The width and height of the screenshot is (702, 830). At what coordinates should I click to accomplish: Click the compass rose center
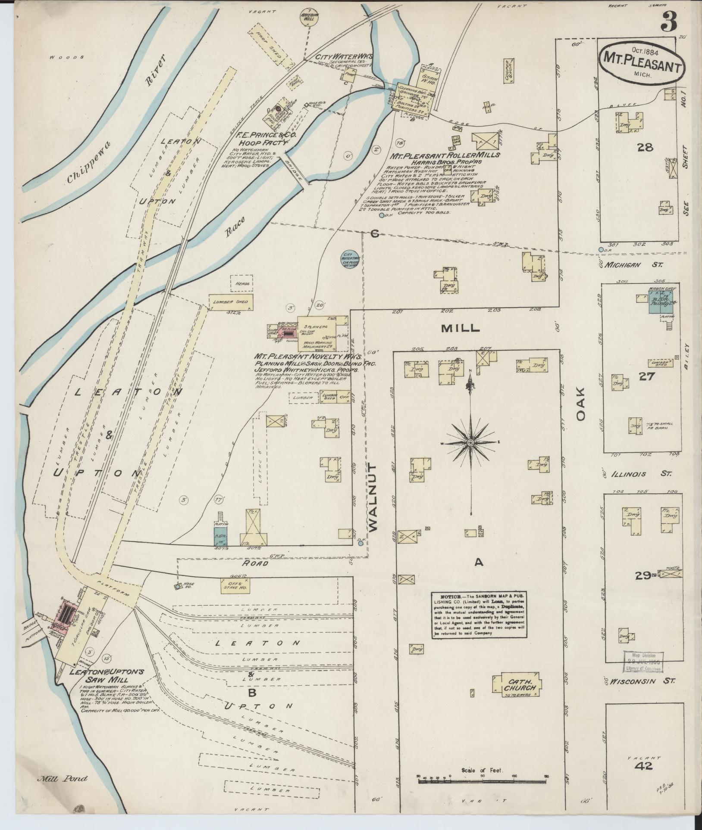coord(470,443)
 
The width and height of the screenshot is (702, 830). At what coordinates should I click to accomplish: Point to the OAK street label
coord(581,404)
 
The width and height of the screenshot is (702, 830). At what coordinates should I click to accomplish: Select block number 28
coord(645,148)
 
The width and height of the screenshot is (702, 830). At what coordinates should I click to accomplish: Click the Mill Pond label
coord(62,778)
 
